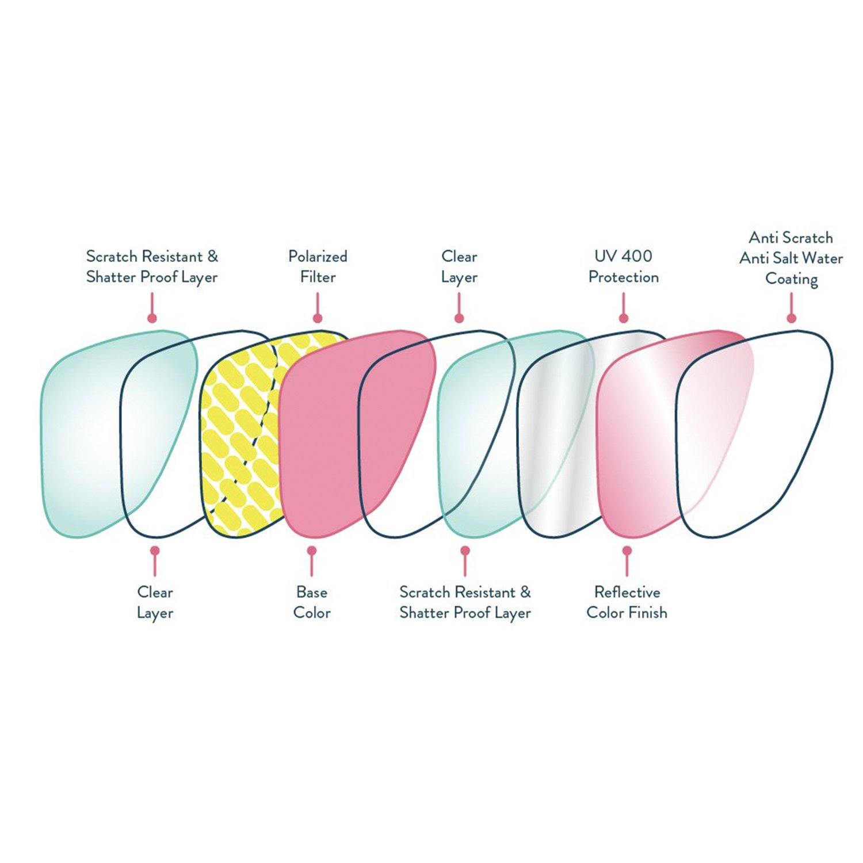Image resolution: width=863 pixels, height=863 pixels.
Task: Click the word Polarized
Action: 318,257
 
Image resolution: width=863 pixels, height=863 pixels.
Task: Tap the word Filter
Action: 318,277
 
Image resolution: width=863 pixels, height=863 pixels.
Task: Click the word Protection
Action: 623,277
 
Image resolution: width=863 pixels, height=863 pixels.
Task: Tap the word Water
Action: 824,258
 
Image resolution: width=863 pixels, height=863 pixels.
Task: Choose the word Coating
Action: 791,279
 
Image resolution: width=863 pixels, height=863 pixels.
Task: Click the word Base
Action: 312,592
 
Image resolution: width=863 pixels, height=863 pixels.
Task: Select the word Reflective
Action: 627,592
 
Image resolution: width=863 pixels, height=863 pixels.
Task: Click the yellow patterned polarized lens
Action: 242,437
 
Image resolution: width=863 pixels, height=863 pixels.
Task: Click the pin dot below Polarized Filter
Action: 318,318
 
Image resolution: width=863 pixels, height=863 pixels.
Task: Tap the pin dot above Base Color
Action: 312,551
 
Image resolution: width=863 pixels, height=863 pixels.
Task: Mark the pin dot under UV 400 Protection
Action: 623,318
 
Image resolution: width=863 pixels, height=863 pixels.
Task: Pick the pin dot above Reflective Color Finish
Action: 627,551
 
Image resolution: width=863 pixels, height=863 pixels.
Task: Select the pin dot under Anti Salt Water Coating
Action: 792,318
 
